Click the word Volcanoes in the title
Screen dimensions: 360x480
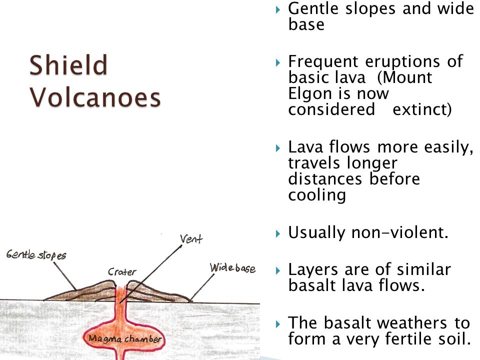click(x=95, y=97)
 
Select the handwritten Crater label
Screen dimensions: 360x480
click(x=122, y=272)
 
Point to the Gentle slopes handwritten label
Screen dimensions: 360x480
click(x=36, y=255)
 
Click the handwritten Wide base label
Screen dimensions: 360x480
click(x=232, y=268)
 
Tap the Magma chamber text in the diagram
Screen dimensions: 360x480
click(x=125, y=339)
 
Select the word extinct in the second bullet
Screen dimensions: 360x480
click(x=421, y=109)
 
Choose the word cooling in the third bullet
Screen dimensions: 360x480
click(x=317, y=194)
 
